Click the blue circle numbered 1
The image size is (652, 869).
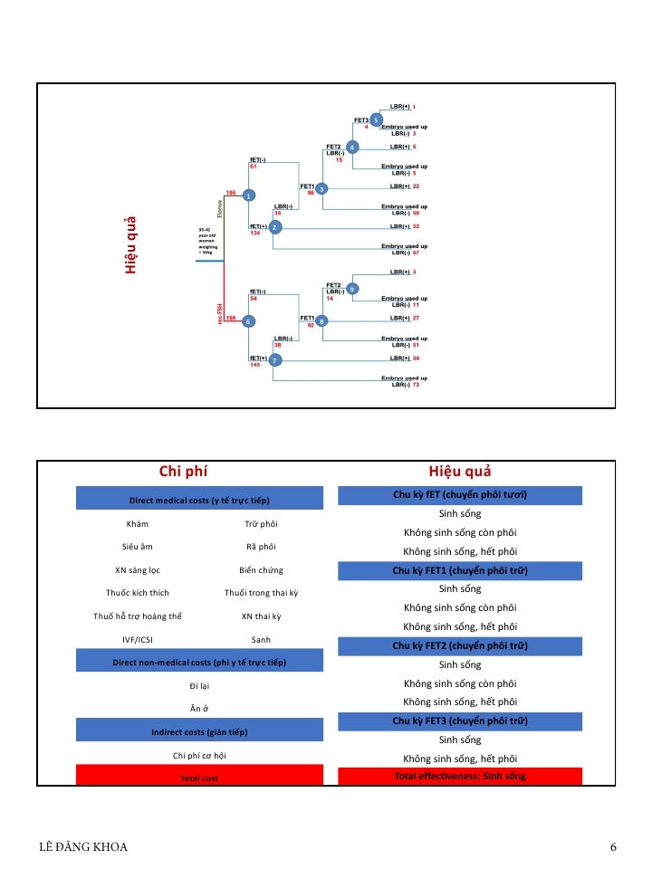click(x=249, y=195)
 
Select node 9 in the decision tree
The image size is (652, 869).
click(x=352, y=289)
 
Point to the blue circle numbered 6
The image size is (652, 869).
click(x=249, y=320)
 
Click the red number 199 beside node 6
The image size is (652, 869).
click(x=231, y=318)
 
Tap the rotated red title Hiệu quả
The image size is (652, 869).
click(x=130, y=244)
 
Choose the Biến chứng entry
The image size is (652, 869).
click(x=261, y=569)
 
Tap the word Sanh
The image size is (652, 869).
click(x=261, y=639)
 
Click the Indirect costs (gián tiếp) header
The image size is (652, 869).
click(x=199, y=731)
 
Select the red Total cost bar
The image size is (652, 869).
click(x=199, y=778)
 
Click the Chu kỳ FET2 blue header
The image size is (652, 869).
click(x=460, y=645)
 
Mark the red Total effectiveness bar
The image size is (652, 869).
click(x=460, y=776)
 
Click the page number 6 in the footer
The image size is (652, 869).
click(x=613, y=847)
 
